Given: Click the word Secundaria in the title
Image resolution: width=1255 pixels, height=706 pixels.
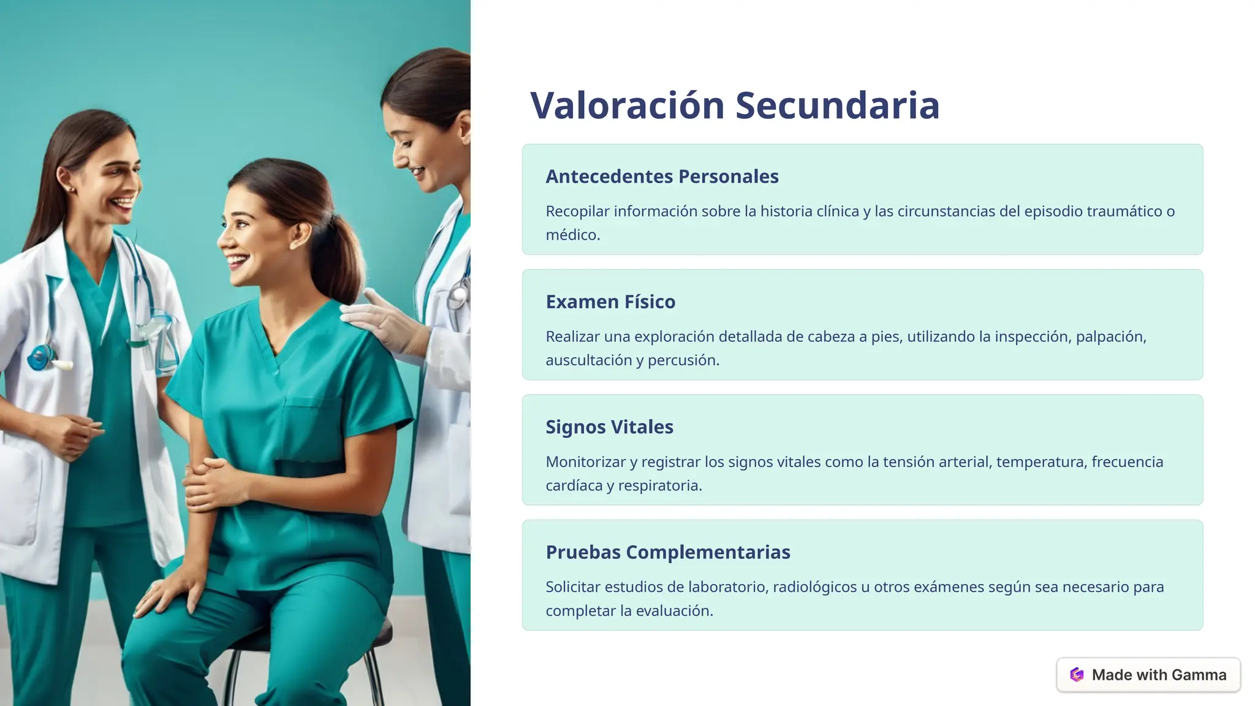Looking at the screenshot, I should click(837, 105).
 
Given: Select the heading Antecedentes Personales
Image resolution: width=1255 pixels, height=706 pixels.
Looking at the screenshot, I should click(662, 176).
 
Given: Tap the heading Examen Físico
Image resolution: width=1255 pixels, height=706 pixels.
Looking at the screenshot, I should click(610, 302).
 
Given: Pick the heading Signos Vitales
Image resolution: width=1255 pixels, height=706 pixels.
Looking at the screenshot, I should click(609, 427).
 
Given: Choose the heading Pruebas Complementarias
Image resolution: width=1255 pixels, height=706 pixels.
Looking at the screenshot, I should click(668, 552).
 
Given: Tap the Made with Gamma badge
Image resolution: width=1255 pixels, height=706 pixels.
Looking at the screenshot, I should click(1148, 675).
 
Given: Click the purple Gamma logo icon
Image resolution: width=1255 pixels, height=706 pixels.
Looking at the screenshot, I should click(1077, 675).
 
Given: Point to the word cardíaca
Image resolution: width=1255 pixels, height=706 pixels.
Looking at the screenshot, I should click(574, 486).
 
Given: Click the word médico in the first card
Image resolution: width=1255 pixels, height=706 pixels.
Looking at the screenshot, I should click(572, 235).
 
